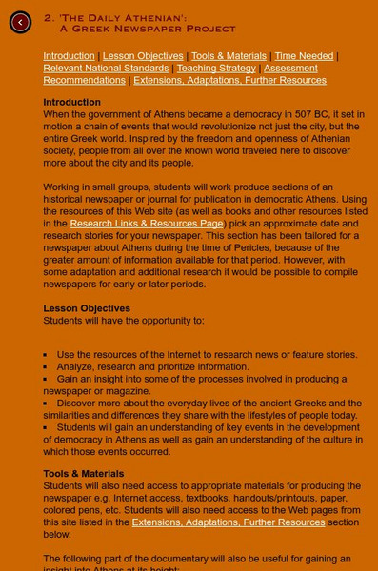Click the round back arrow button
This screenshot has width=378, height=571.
(20, 23)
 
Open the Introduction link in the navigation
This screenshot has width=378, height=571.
(69, 56)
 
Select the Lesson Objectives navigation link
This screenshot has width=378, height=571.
(143, 56)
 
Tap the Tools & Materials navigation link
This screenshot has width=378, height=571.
(229, 56)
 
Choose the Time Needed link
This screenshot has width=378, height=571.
(304, 56)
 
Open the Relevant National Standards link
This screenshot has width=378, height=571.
(106, 69)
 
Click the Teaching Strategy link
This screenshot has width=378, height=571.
(216, 69)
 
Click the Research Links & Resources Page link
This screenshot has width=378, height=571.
(146, 224)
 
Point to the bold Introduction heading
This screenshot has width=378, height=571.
(71, 102)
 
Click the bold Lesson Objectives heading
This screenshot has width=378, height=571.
(87, 308)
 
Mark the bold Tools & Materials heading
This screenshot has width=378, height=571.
(83, 473)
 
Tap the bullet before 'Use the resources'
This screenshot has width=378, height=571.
(46, 355)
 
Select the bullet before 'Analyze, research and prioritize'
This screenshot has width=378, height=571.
(46, 367)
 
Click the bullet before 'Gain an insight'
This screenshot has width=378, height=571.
(46, 379)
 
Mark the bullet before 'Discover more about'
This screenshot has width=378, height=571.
(46, 404)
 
